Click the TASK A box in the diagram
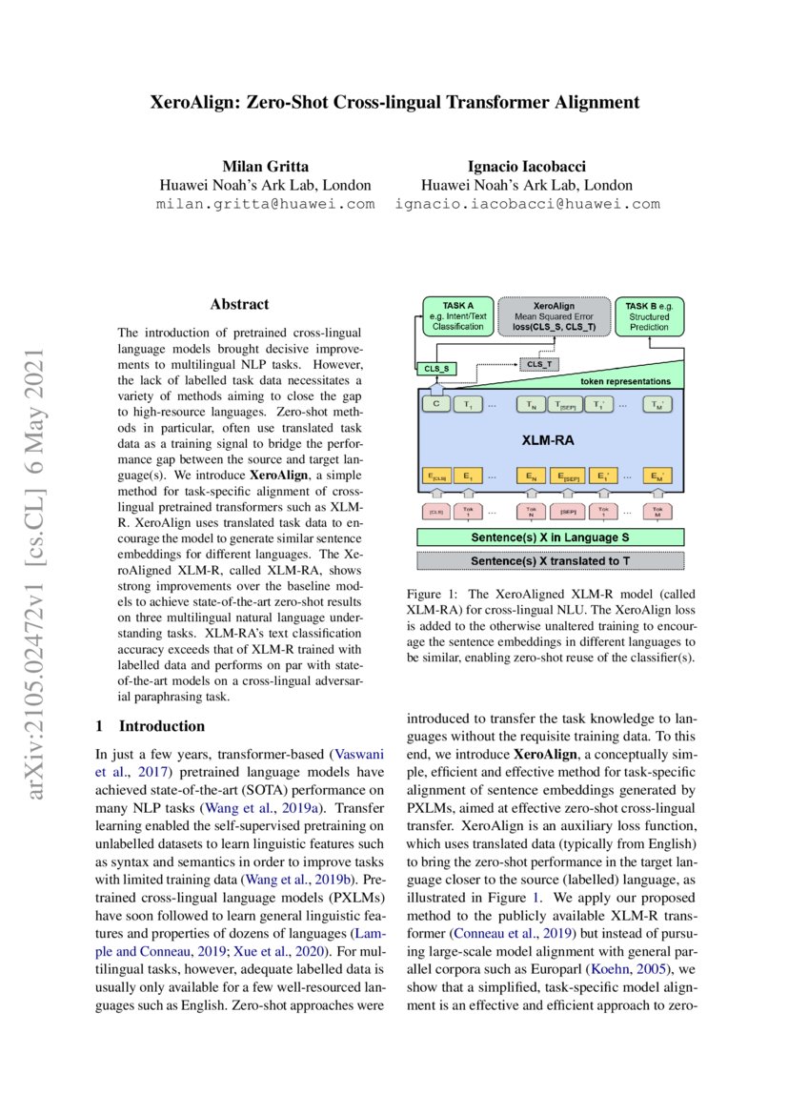tap(457, 316)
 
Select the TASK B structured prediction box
tap(648, 316)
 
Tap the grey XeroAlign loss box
tap(553, 316)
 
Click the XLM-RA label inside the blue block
tap(550, 441)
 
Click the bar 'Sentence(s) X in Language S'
tap(550, 538)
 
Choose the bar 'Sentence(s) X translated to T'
tap(550, 560)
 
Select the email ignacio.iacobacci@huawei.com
tap(527, 204)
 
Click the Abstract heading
tap(239, 305)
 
